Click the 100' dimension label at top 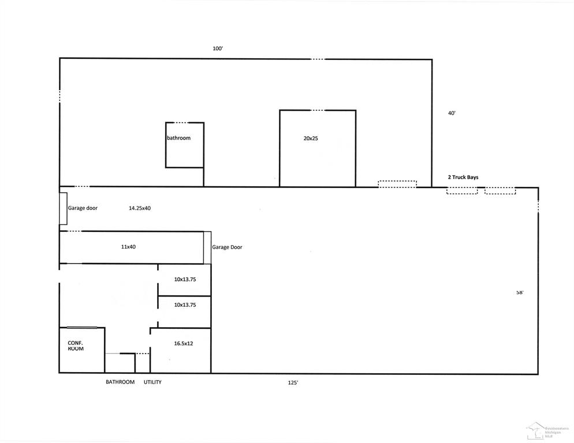tap(218, 49)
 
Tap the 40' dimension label tap(452, 114)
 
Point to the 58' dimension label tap(520, 292)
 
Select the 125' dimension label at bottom tap(293, 382)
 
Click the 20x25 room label tap(311, 138)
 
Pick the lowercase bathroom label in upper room tap(178, 138)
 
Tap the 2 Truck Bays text tap(463, 177)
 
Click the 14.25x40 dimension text tap(140, 208)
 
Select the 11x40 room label tap(128, 247)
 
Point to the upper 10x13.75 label tap(185, 279)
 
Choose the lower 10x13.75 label tap(185, 305)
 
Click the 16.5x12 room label tap(183, 343)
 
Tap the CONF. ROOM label tap(76, 346)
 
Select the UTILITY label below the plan tap(152, 382)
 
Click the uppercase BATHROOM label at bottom tap(120, 382)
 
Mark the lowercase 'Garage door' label tap(83, 208)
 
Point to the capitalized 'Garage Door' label tap(227, 247)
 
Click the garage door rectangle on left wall tap(62, 208)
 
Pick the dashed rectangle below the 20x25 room tap(397, 184)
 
